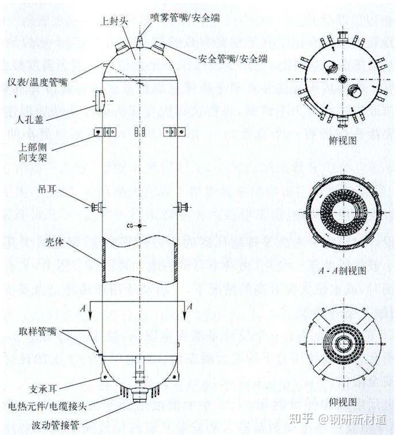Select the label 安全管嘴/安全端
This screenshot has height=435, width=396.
tap(233, 58)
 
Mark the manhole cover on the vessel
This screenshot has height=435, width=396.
tap(97, 98)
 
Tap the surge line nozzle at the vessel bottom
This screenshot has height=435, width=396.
tap(139, 396)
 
